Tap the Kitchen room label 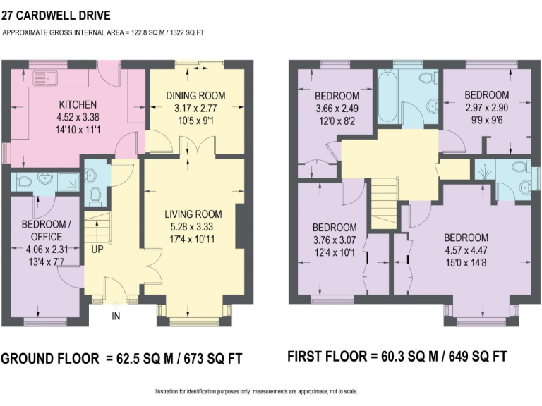pos(73,104)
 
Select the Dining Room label pos(195,96)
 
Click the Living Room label pos(193,214)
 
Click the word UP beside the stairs pos(97,249)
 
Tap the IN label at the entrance pos(116,316)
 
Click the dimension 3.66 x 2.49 pos(337,109)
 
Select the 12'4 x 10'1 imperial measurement pos(335,253)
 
